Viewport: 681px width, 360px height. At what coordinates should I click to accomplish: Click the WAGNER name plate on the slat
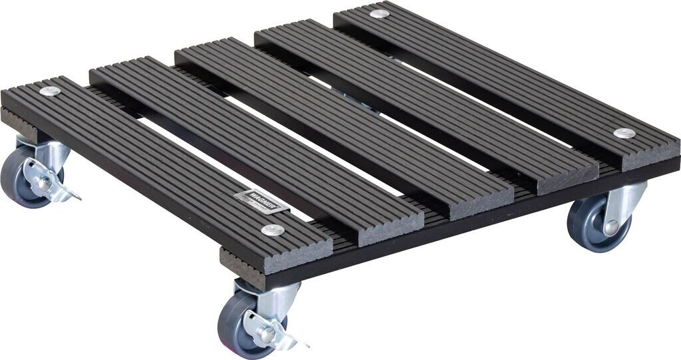click(261, 200)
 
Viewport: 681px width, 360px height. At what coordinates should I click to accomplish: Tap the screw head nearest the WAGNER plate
click(273, 230)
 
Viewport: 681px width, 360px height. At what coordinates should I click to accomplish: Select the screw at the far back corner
click(379, 13)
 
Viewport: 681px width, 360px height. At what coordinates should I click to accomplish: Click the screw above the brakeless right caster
click(623, 133)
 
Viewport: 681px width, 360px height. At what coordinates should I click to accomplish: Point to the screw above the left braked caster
click(49, 91)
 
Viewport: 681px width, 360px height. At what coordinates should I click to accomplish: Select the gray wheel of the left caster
click(17, 176)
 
